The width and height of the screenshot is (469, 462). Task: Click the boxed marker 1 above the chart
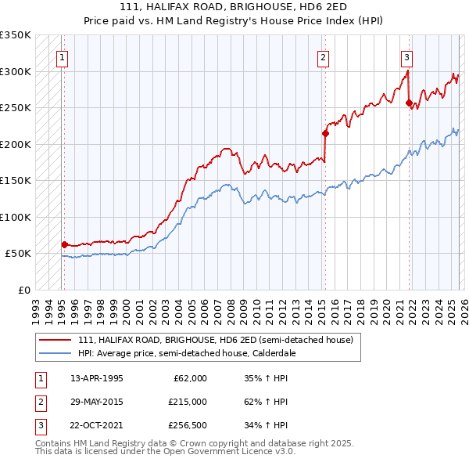(61, 56)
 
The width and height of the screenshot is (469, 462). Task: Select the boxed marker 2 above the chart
(322, 56)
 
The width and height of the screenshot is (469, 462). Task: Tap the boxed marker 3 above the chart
(406, 56)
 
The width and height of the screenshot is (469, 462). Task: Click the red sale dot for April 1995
(64, 244)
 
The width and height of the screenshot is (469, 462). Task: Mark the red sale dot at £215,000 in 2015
(325, 133)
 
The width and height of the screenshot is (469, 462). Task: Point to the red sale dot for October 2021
(409, 103)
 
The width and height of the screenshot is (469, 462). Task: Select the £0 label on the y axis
(23, 290)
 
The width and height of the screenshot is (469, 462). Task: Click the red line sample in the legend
(55, 340)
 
